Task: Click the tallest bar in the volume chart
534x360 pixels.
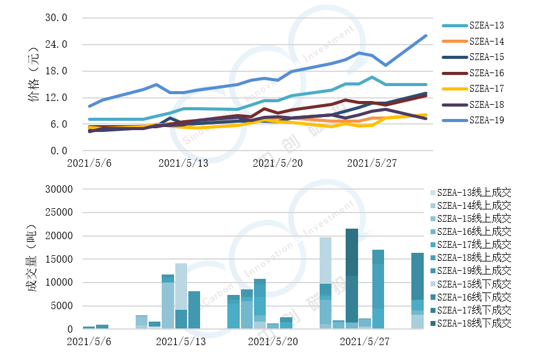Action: point(352,279)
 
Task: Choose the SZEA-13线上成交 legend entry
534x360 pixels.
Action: point(474,193)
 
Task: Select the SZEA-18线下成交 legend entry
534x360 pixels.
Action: point(474,323)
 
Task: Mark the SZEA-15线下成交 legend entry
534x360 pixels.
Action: point(474,284)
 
